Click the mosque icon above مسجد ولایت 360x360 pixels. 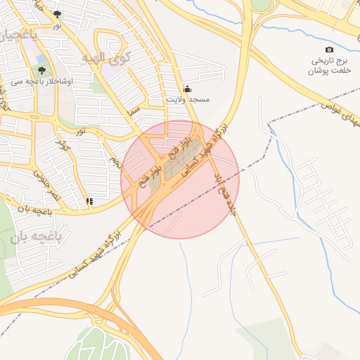tap(187, 89)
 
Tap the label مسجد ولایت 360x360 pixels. tap(188, 100)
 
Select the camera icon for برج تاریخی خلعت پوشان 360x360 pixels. tap(330, 49)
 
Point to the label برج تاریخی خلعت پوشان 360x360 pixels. tap(330, 65)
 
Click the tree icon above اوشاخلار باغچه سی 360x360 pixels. tap(42, 70)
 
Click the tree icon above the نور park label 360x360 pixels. tap(57, 14)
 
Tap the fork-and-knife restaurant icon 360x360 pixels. tap(89, 201)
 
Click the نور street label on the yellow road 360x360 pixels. tap(82, 131)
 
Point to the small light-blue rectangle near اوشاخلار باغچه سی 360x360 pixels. tap(40, 60)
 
